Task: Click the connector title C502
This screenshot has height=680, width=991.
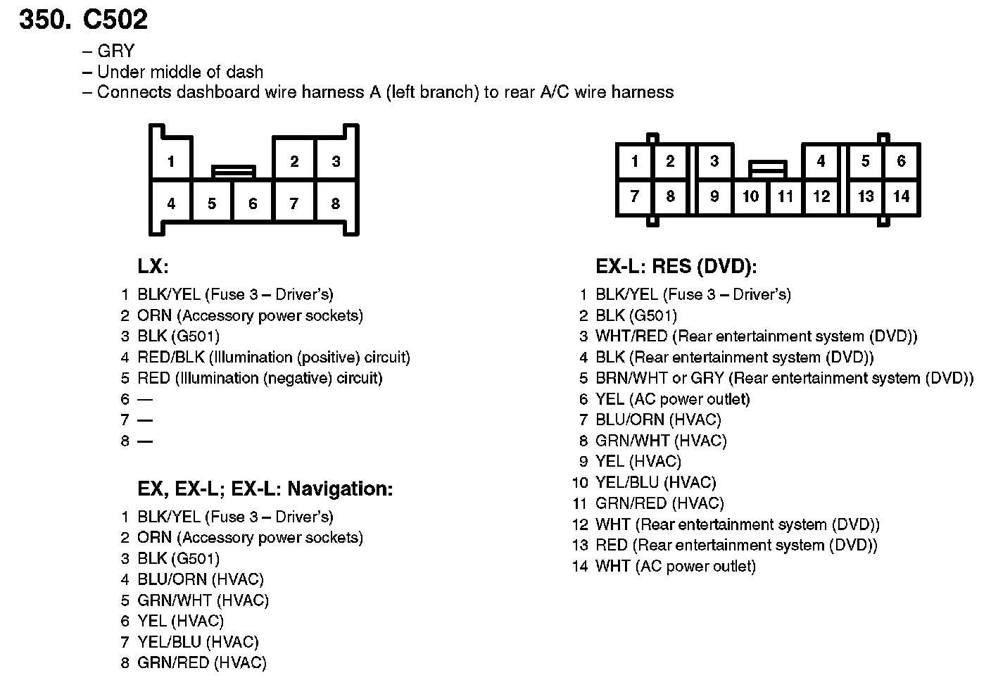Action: click(x=115, y=19)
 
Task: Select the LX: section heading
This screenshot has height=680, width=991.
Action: click(x=153, y=267)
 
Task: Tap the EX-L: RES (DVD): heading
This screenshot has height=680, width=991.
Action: click(x=676, y=267)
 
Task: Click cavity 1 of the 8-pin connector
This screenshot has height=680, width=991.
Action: click(x=170, y=162)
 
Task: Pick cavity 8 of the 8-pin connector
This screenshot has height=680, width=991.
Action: click(x=336, y=203)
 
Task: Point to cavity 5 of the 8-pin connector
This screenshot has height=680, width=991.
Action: click(x=212, y=203)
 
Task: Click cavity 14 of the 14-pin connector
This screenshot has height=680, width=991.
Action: click(x=901, y=196)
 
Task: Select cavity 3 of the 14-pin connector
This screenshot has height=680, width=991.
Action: click(x=714, y=161)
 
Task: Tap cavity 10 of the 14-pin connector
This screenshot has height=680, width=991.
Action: click(x=750, y=196)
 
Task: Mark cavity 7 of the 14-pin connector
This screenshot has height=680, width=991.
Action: click(x=634, y=196)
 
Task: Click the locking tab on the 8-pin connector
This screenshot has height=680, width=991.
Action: click(x=233, y=171)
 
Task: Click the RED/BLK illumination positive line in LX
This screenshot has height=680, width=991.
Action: click(x=273, y=357)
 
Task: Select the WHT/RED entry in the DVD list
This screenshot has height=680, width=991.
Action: click(x=756, y=336)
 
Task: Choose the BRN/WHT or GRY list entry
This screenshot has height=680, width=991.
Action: click(x=784, y=378)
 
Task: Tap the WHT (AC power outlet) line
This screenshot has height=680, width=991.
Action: click(x=675, y=566)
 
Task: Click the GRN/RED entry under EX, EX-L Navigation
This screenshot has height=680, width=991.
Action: click(x=202, y=662)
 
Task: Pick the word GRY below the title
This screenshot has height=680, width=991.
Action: click(x=115, y=51)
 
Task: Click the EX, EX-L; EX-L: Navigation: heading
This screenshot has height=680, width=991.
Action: click(x=265, y=489)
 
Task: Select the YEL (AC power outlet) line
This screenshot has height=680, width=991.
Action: click(x=672, y=399)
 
